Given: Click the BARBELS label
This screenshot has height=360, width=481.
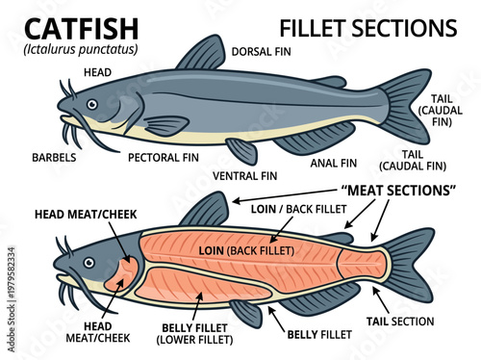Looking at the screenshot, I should coord(55,156).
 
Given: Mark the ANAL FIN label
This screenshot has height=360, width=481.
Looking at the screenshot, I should coord(333,162).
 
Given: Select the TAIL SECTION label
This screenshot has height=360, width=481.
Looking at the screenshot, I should coord(400,321).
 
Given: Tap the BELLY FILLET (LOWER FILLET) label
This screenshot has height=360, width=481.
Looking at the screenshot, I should coord(198,332).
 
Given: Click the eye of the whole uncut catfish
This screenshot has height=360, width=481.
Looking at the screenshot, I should coord(91,104).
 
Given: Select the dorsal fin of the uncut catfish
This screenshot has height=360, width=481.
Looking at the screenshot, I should coord(203,54).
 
